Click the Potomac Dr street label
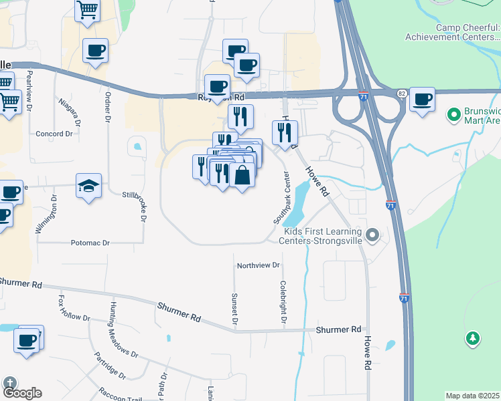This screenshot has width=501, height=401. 90,243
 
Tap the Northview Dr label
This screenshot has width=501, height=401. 258,265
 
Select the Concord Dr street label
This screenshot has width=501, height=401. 54,134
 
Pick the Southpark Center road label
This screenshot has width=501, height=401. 281,198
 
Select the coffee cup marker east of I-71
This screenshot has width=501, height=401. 422,100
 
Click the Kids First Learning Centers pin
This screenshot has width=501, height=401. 373,235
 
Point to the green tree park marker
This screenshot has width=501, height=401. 474,338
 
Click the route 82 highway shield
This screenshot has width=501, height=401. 401,93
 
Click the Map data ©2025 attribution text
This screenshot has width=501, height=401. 473,396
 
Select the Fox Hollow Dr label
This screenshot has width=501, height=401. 74,308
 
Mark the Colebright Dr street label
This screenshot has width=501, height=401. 283,303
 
